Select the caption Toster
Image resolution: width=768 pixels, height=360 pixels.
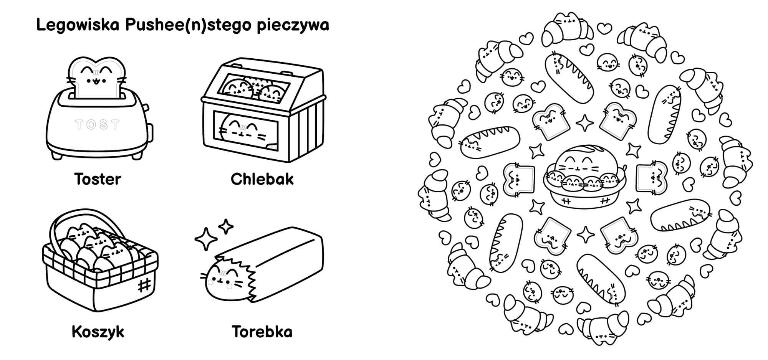pos(98,179)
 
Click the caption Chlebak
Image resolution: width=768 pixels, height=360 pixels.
pos(262,179)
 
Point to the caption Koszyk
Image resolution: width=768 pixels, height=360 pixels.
pos(98,332)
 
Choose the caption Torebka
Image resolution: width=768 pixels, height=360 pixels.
pos(262,332)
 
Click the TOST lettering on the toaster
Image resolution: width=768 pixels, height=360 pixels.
pos(98,124)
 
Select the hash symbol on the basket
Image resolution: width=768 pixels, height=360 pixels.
pos(144,285)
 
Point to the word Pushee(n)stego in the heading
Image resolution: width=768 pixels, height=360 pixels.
pos(188,25)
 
